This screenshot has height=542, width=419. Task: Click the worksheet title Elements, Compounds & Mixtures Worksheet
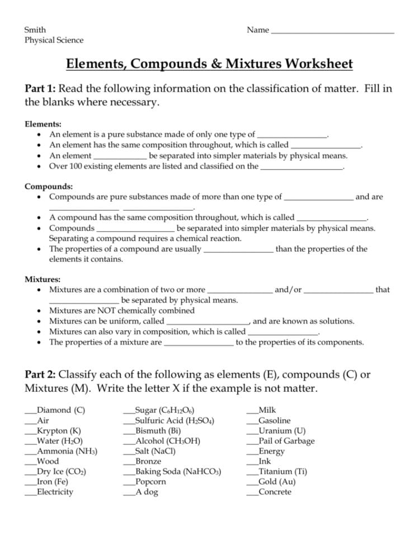click(x=209, y=64)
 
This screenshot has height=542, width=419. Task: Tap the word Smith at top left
click(x=35, y=30)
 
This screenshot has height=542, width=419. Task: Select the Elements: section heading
click(x=43, y=124)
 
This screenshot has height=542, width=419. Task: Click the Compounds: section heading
click(x=49, y=187)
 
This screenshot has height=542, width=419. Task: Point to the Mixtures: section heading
click(x=43, y=279)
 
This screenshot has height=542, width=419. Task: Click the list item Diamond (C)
click(x=60, y=410)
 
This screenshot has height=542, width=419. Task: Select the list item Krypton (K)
click(x=59, y=431)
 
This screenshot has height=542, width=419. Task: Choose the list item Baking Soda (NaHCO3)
click(x=178, y=472)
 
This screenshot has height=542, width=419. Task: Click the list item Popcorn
click(x=150, y=482)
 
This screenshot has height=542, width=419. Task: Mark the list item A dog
click(x=147, y=492)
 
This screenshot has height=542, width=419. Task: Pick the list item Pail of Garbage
click(x=286, y=441)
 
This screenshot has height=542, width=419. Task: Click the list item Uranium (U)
click(x=282, y=431)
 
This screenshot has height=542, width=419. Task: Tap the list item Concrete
click(x=275, y=492)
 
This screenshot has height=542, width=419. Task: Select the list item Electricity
click(x=55, y=492)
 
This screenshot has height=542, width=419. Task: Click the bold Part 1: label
click(x=40, y=89)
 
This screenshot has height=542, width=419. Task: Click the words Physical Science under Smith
click(x=54, y=40)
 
